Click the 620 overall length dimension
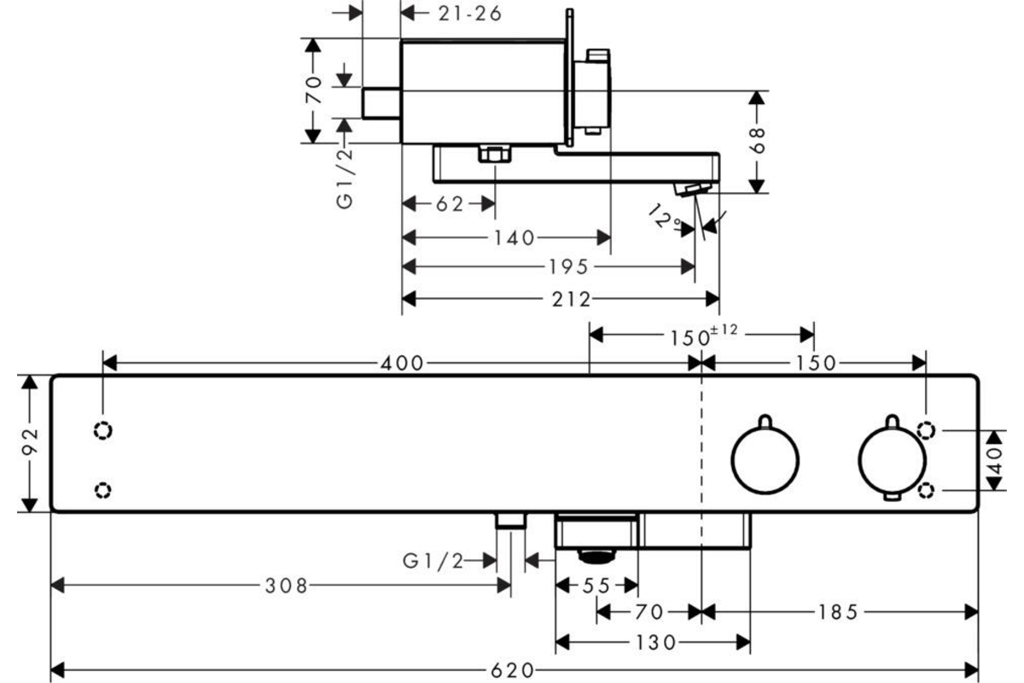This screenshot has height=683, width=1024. (x=511, y=671)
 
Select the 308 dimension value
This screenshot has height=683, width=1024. (x=287, y=586)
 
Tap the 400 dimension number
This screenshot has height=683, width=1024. (x=402, y=364)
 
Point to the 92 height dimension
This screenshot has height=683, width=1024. (x=29, y=443)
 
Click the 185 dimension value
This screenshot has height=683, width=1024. (x=838, y=612)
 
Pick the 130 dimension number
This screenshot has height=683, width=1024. (x=655, y=643)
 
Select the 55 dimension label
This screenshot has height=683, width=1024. (x=597, y=586)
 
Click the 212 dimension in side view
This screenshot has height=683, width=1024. (x=572, y=300)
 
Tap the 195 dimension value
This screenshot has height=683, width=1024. (x=568, y=266)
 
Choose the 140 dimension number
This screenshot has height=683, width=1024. (x=514, y=238)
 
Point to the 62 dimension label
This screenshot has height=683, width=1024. (x=450, y=204)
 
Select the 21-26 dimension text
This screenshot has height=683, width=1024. (x=470, y=15)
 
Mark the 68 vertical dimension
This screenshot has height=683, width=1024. (x=757, y=141)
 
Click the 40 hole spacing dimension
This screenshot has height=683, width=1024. (x=995, y=460)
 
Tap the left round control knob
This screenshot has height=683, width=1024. (x=765, y=460)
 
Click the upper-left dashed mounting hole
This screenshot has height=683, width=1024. (x=103, y=430)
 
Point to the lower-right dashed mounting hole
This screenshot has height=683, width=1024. (x=926, y=490)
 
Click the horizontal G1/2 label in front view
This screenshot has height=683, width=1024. (x=433, y=560)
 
